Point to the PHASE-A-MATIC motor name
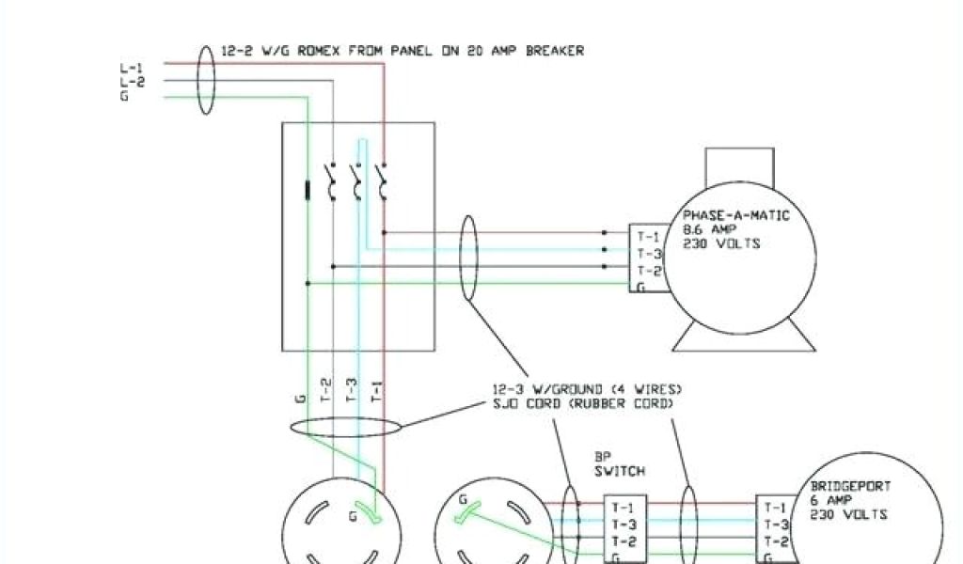pyautogui.click(x=736, y=216)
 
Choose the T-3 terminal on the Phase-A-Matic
pyautogui.click(x=649, y=255)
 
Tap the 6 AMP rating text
pyautogui.click(x=831, y=501)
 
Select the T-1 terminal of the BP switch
pyautogui.click(x=623, y=508)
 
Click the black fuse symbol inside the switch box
pyautogui.click(x=308, y=191)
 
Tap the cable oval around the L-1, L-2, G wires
pyautogui.click(x=206, y=80)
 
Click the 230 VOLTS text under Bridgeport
pyautogui.click(x=848, y=514)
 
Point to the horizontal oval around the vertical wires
pyautogui.click(x=344, y=427)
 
